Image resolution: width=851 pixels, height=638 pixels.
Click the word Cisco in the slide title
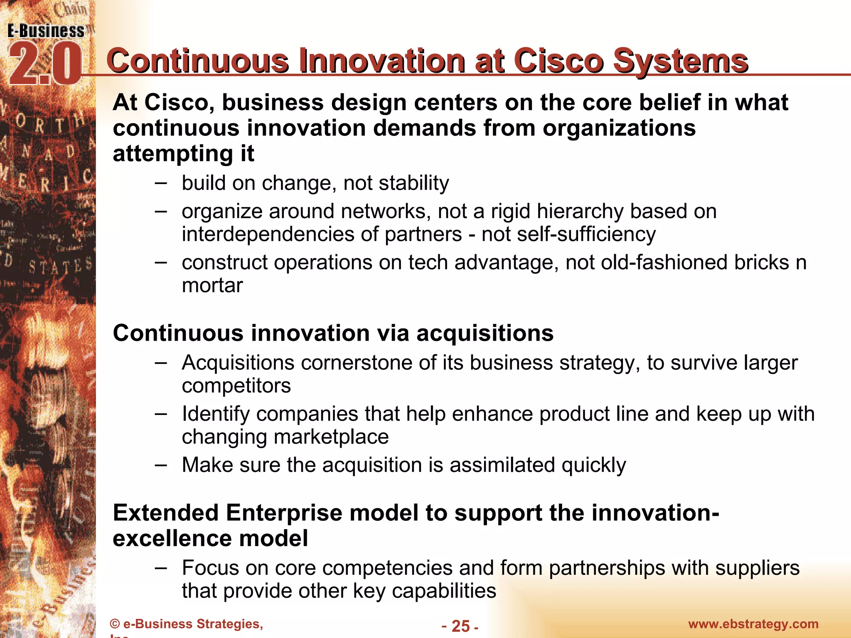point(558,61)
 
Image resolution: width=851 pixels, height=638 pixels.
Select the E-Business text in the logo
point(46,31)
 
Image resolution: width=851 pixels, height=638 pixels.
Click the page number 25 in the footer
point(460,626)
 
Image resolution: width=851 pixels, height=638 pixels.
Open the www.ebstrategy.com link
point(753,624)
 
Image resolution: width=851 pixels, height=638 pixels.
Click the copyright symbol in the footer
point(115,624)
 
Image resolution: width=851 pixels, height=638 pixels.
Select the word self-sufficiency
point(568,234)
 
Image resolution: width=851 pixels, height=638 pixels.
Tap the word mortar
point(212,285)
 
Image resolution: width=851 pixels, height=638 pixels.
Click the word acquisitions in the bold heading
point(485,333)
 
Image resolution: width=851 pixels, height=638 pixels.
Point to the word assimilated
point(502,465)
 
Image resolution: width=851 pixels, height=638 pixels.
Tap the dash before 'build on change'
point(161,183)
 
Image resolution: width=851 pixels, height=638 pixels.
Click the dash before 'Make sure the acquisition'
point(161,464)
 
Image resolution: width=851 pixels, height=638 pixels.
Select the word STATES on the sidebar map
point(60,266)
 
